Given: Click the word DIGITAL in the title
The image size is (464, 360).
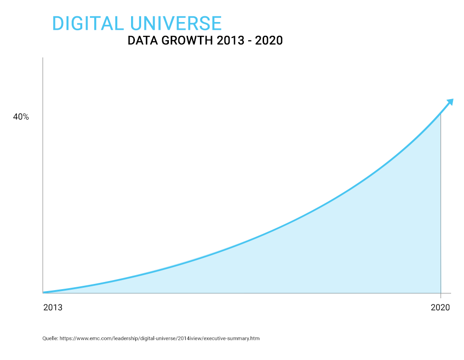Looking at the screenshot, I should point(87,23).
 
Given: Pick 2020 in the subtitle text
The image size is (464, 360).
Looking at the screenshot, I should point(269,41).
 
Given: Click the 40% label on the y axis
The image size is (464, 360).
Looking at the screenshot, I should point(21,117).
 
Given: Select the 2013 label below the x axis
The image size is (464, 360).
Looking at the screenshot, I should point(53,308).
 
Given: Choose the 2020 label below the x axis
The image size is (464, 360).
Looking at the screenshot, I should point(441,308).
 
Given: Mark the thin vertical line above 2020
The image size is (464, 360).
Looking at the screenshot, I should point(441,206).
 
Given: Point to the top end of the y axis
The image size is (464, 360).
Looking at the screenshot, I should point(43,58).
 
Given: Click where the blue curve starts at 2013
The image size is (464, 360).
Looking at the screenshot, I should point(44,292).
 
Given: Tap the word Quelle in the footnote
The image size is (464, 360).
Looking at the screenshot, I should point(50,338).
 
